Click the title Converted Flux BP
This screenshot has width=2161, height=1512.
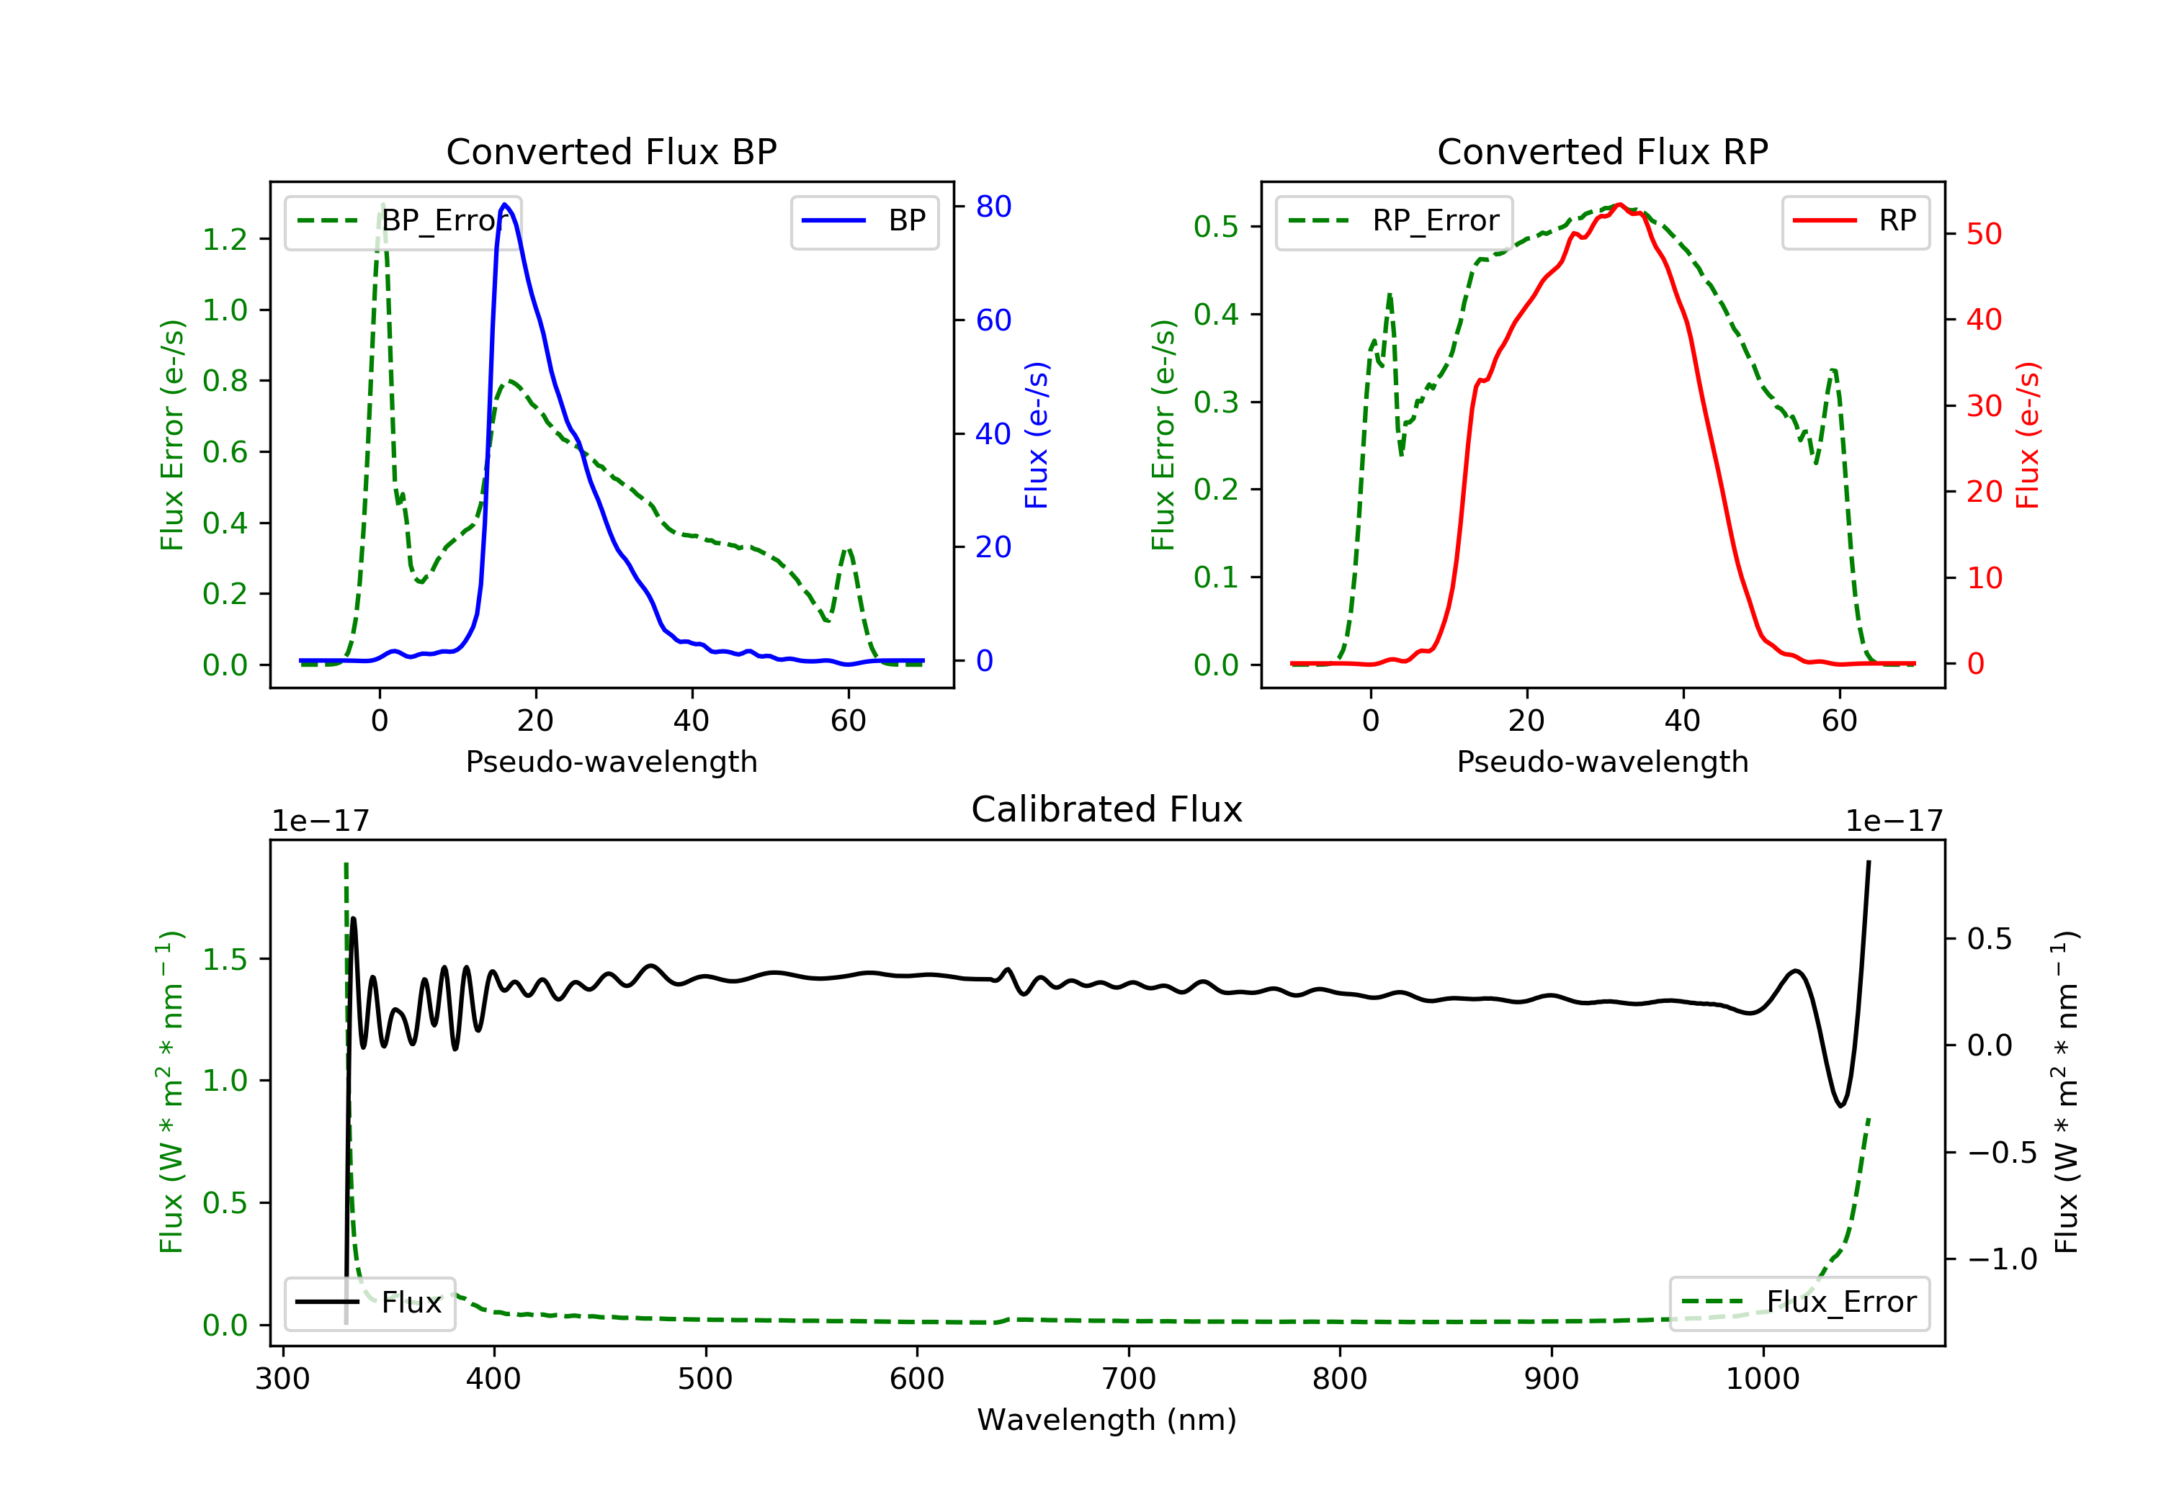[x=611, y=151]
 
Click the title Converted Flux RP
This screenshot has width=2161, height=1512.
[x=1602, y=151]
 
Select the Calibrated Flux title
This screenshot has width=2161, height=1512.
[x=1107, y=809]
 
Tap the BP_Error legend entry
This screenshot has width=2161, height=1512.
[x=403, y=221]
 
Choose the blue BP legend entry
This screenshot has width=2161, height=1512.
[x=864, y=221]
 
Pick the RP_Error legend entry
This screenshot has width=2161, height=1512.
[x=1394, y=221]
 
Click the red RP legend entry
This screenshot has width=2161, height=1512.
[x=1855, y=221]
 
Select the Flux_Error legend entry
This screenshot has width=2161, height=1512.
[x=1799, y=1302]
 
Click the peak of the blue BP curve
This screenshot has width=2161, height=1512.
[x=506, y=204]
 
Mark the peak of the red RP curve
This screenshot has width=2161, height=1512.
[x=1619, y=204]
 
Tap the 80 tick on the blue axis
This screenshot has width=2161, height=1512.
[x=993, y=206]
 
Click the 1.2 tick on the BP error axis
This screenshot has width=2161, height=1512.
[x=225, y=239]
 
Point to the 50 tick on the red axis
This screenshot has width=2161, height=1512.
[x=1984, y=234]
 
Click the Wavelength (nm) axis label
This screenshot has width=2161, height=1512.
[x=1107, y=1420]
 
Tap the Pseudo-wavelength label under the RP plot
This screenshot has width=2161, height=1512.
[x=1602, y=761]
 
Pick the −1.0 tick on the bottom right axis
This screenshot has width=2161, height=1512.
[x=2003, y=1259]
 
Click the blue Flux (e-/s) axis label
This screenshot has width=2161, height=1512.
[x=1037, y=435]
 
